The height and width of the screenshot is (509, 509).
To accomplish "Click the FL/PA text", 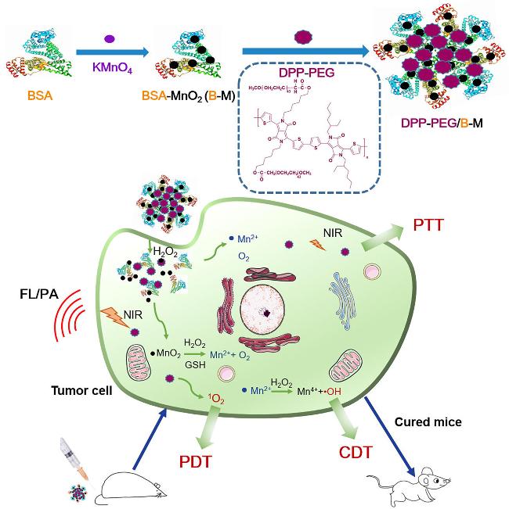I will pyautogui.click(x=36, y=297).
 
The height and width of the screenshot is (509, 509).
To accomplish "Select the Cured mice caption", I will pyautogui.click(x=436, y=421).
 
